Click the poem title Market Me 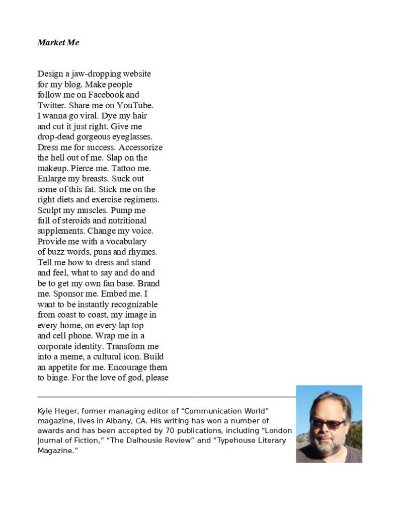(58, 43)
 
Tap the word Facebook (107, 95)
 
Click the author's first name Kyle (45, 411)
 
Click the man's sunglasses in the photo (327, 423)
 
